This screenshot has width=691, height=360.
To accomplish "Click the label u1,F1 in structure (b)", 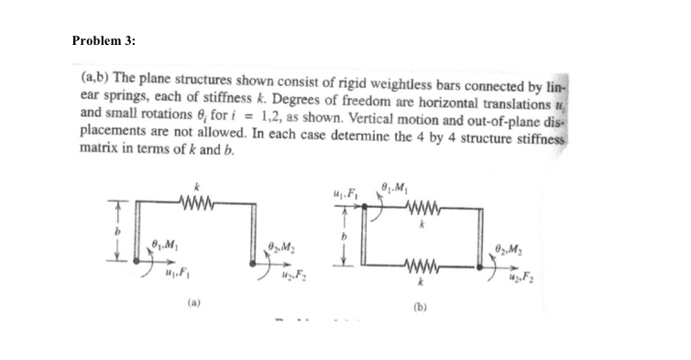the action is click(345, 192).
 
